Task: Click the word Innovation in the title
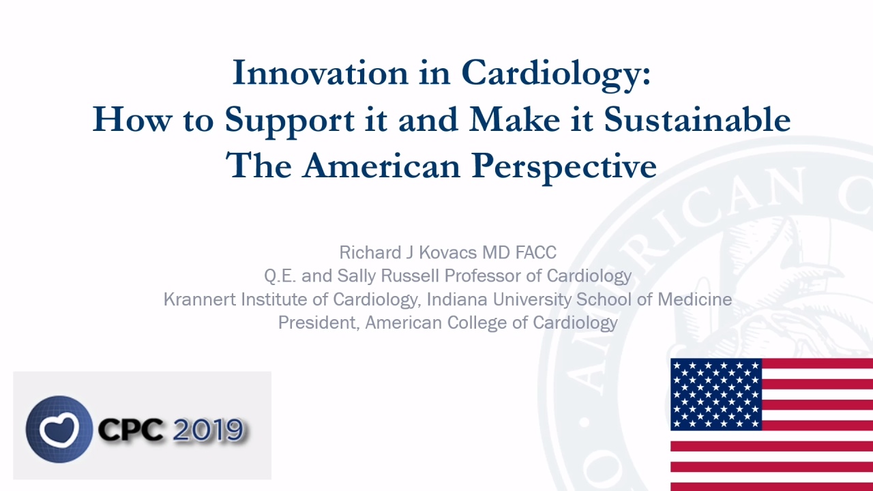tap(321, 73)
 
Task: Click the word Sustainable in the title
tap(697, 119)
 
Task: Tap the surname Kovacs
tap(448, 252)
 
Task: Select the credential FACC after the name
tap(536, 252)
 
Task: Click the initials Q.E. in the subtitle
tap(280, 276)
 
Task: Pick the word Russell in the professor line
tap(410, 276)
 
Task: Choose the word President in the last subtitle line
tap(319, 323)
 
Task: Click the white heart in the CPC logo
tap(59, 430)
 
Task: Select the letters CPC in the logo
tap(131, 430)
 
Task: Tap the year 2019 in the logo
tap(208, 430)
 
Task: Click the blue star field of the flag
tap(716, 394)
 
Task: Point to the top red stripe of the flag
tap(817, 363)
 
